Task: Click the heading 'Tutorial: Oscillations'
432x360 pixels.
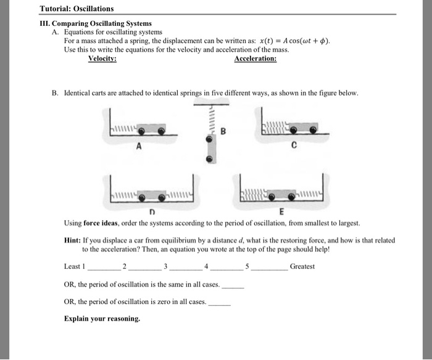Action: click(77, 9)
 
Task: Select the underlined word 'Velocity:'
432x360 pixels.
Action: click(102, 59)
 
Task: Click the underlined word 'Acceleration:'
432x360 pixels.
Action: click(255, 59)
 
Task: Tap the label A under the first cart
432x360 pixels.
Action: click(138, 147)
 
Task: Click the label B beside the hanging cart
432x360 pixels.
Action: click(223, 131)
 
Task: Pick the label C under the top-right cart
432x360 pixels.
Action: click(294, 147)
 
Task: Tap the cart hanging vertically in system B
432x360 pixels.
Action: click(210, 150)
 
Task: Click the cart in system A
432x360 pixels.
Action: click(151, 130)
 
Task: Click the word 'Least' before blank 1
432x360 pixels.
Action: click(73, 266)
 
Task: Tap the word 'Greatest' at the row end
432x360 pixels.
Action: click(302, 266)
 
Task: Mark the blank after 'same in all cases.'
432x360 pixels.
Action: click(233, 287)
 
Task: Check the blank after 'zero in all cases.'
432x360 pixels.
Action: click(220, 303)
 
